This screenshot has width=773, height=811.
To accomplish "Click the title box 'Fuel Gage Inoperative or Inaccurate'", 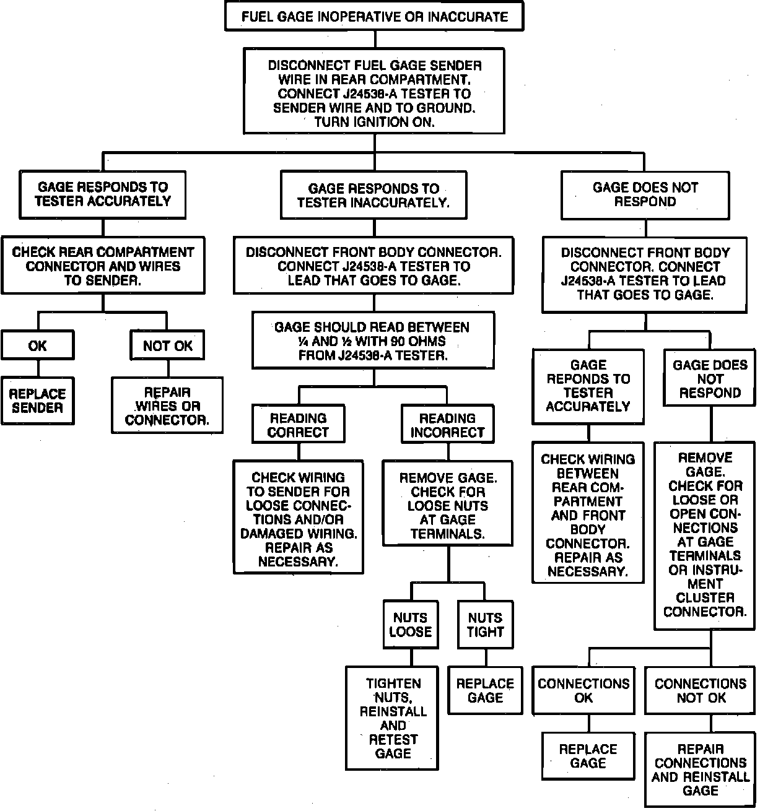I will tap(374, 17).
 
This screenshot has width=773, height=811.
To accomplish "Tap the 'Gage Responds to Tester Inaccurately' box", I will tap(373, 196).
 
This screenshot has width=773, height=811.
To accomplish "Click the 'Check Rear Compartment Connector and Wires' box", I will tap(103, 266).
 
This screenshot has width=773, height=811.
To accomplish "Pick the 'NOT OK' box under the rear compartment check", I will tap(167, 346).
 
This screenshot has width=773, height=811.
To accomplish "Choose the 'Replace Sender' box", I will tap(37, 401).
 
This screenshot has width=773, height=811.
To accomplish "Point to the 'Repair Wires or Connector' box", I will tap(167, 406).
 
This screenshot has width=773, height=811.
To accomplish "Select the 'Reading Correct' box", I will tap(298, 425).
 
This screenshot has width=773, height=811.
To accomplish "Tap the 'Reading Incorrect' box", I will tap(447, 425).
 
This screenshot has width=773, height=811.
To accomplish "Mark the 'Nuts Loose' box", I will tap(410, 625).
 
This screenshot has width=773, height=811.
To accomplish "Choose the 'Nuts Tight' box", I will tap(486, 625).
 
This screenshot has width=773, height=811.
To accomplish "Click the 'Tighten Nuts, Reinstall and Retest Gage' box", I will tap(393, 718).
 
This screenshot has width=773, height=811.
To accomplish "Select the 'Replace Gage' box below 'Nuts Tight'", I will tap(485, 690).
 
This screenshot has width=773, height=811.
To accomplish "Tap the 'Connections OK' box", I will tap(583, 690).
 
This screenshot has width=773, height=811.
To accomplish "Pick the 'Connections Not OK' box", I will tap(701, 690).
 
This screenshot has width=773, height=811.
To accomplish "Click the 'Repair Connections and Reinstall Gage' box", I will tap(701, 770).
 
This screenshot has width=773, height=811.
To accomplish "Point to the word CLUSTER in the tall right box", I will tap(705, 597).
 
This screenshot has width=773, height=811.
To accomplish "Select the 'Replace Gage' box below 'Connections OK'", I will tap(588, 756).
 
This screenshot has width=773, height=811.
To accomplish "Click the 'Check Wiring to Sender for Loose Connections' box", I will tap(298, 519).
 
